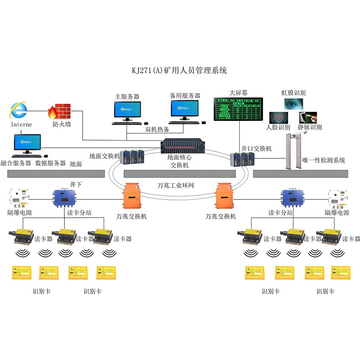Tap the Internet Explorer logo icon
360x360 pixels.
click(19, 111)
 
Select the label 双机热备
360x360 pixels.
click(158, 130)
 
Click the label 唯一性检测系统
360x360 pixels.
click(324, 161)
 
